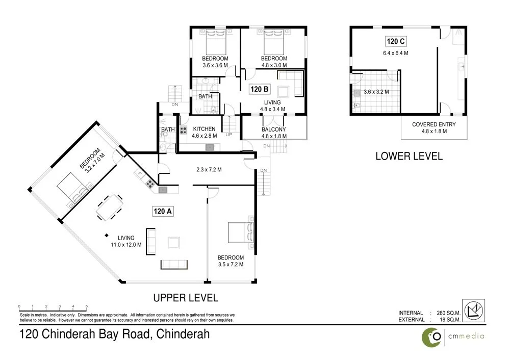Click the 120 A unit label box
click(x=163, y=211)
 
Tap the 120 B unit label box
click(x=259, y=90)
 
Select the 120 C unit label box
click(x=395, y=42)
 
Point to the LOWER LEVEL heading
click(x=409, y=156)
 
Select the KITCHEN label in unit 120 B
click(x=203, y=129)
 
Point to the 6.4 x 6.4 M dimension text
click(x=395, y=53)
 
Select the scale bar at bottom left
click(x=54, y=307)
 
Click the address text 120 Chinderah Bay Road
click(x=114, y=335)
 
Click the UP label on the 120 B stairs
click(x=229, y=135)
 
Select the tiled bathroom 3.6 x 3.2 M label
click(x=376, y=92)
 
